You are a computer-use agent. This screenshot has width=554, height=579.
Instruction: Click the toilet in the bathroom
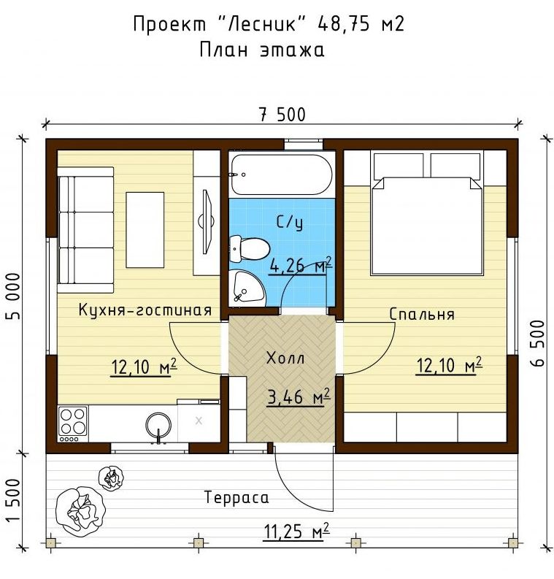click(x=250, y=249)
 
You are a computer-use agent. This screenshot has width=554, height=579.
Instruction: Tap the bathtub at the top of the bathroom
click(x=282, y=175)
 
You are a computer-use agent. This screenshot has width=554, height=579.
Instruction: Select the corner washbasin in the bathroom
click(x=246, y=288)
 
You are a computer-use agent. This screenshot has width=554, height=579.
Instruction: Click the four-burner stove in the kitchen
click(x=73, y=424)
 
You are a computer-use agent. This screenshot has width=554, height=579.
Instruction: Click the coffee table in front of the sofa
click(x=145, y=230)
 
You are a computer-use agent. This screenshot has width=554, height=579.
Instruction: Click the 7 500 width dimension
click(x=282, y=115)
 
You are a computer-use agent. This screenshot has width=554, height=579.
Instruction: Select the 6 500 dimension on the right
click(x=539, y=343)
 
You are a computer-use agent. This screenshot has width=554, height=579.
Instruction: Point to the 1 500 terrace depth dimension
click(x=14, y=500)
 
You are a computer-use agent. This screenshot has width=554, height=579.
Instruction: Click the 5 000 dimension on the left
click(x=14, y=296)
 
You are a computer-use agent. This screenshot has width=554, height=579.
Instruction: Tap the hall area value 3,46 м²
click(x=299, y=397)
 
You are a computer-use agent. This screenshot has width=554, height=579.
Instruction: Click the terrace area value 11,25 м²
click(x=296, y=532)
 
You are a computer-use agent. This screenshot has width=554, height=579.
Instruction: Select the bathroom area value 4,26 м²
click(x=301, y=265)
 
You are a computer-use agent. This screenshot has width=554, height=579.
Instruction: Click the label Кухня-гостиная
click(x=145, y=310)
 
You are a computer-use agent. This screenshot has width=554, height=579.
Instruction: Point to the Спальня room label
click(x=422, y=314)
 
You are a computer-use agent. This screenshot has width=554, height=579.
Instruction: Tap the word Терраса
click(x=236, y=497)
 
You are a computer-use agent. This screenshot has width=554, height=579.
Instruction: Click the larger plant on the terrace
click(x=80, y=510)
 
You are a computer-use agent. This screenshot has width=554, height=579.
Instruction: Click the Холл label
click(x=285, y=358)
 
